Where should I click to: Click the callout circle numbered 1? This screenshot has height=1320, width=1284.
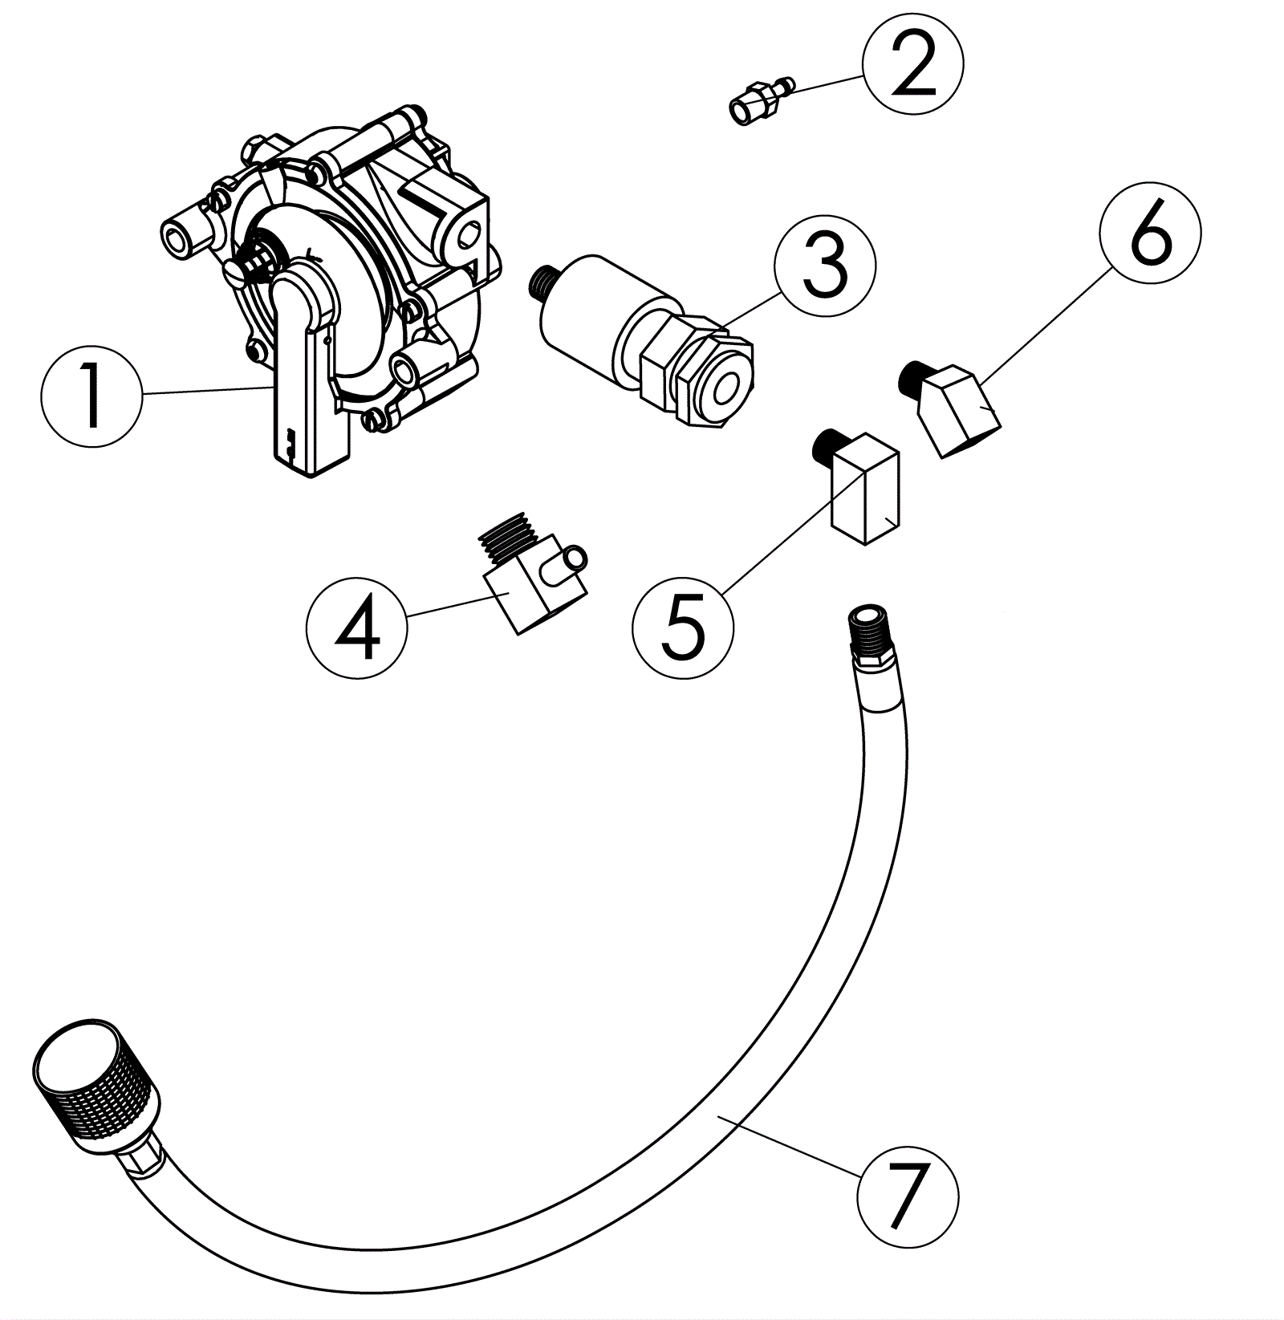tap(91, 396)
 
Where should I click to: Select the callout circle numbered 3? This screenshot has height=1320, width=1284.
tap(824, 266)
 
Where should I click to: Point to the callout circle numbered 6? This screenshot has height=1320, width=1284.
tap(1151, 232)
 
